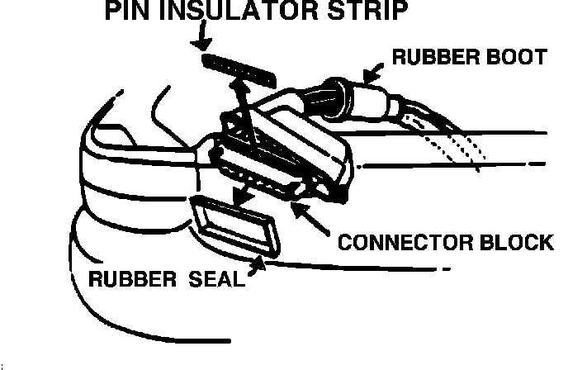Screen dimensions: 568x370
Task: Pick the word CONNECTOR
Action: point(400,244)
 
